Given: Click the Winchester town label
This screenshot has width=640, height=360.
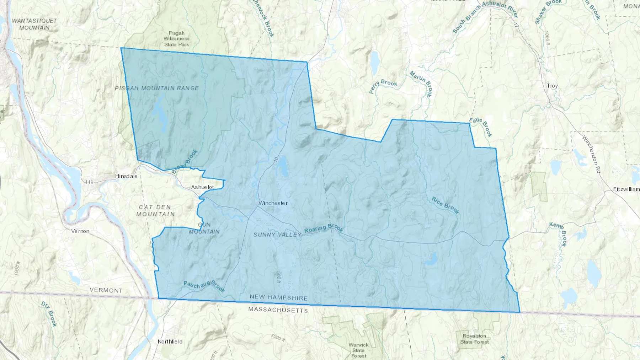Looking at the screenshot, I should click(273, 203).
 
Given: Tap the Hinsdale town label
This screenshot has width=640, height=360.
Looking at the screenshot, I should click(126, 176).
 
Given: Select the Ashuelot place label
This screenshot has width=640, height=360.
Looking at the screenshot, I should click(202, 187).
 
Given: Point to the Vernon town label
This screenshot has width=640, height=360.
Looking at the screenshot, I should click(80, 231).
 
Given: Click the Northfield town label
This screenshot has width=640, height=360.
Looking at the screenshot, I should click(170, 342).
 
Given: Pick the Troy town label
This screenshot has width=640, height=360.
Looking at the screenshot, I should click(552, 86).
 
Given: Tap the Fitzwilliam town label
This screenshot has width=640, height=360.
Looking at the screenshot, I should click(626, 189).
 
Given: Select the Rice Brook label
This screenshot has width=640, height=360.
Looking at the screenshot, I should click(446, 205).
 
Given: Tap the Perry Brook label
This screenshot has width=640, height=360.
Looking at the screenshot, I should click(383, 86).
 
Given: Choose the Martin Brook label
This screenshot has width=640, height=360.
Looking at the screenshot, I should click(421, 84).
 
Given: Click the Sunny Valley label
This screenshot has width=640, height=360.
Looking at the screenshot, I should click(277, 235).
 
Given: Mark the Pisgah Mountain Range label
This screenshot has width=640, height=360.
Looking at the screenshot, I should click(157, 88).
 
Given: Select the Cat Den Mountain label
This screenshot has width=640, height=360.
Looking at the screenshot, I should click(155, 210).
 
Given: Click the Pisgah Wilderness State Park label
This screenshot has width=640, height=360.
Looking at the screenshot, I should click(177, 39).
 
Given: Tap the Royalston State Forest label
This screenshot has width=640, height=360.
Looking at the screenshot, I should click(474, 339).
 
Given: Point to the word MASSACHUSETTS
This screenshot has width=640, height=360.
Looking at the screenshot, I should click(278, 310).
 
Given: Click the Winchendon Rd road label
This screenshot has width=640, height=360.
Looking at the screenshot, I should click(591, 154).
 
